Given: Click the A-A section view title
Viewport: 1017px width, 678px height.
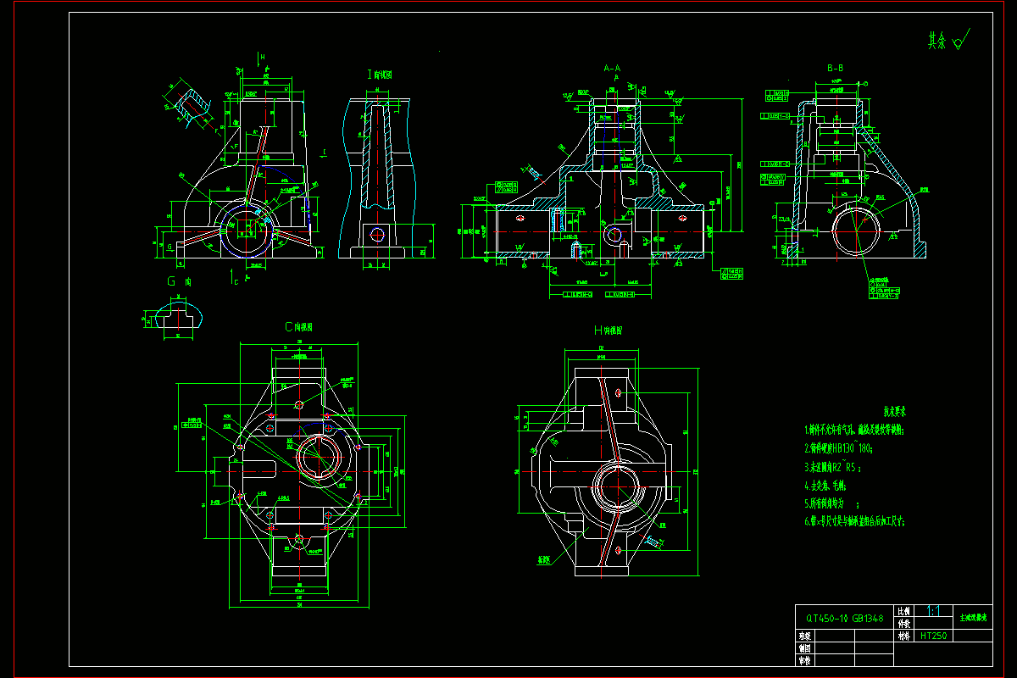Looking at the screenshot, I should tap(611, 67).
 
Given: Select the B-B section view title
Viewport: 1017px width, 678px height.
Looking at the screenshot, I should tap(835, 67).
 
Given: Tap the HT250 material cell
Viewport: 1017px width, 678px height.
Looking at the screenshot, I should tap(933, 635).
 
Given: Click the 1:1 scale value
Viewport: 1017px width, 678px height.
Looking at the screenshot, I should tap(933, 610).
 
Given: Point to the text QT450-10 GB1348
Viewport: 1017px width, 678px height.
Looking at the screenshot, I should tap(844, 619).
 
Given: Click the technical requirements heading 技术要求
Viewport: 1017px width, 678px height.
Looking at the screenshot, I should tap(895, 412).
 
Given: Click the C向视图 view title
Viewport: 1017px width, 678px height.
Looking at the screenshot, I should tap(298, 326).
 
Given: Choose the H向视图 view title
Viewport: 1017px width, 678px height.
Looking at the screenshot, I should tap(609, 331).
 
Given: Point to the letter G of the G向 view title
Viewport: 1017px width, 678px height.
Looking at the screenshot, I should tap(171, 281).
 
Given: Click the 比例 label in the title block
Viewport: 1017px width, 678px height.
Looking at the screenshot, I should tap(904, 611).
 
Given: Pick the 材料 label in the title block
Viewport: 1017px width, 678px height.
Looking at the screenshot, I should tap(904, 635).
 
